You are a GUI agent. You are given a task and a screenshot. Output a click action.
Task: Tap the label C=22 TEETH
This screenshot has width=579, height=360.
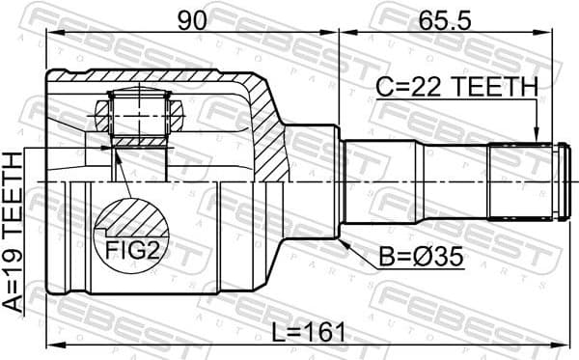tap(456, 87)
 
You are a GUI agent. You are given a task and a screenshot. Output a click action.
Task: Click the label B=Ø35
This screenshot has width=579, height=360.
tap(421, 259)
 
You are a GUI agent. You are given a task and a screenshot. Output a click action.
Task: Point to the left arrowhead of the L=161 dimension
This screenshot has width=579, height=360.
tap(51, 345)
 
